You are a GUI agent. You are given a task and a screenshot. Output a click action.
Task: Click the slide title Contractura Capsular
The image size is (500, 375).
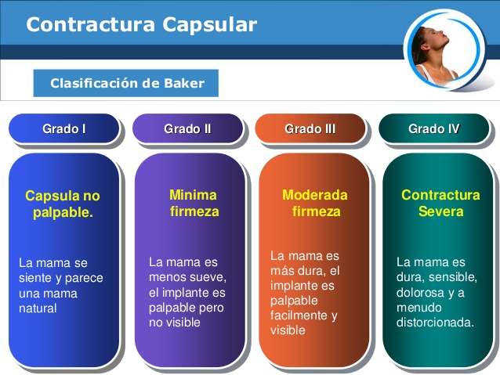point(141,25)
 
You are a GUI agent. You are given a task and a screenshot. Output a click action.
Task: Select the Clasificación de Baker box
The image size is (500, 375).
point(125,83)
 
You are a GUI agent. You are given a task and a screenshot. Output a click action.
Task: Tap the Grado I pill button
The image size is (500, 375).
point(63,129)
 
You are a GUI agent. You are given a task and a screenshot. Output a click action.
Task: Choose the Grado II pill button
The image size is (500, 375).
point(187,129)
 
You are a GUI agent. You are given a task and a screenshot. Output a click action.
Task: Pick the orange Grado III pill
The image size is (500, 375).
point(310,129)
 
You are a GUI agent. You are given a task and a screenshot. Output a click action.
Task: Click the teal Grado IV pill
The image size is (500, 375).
point(433,129)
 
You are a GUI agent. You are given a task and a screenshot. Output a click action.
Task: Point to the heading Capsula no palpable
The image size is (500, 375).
point(63,204)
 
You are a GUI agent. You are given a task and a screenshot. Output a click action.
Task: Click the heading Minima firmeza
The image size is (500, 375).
point(194,203)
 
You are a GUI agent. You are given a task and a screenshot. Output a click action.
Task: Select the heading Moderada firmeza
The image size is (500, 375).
point(315,203)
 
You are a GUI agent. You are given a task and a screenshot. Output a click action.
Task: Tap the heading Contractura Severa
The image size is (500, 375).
point(440,203)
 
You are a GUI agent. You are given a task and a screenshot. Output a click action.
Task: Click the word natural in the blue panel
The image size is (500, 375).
point(38,308)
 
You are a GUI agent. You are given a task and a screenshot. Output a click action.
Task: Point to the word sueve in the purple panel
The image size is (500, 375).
point(209,278)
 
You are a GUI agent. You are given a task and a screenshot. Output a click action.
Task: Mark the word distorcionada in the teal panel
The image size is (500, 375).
point(435,322)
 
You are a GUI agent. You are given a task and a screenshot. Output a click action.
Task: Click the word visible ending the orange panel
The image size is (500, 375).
point(288,330)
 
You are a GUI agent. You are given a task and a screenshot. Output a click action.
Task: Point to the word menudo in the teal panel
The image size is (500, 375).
point(417,307)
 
